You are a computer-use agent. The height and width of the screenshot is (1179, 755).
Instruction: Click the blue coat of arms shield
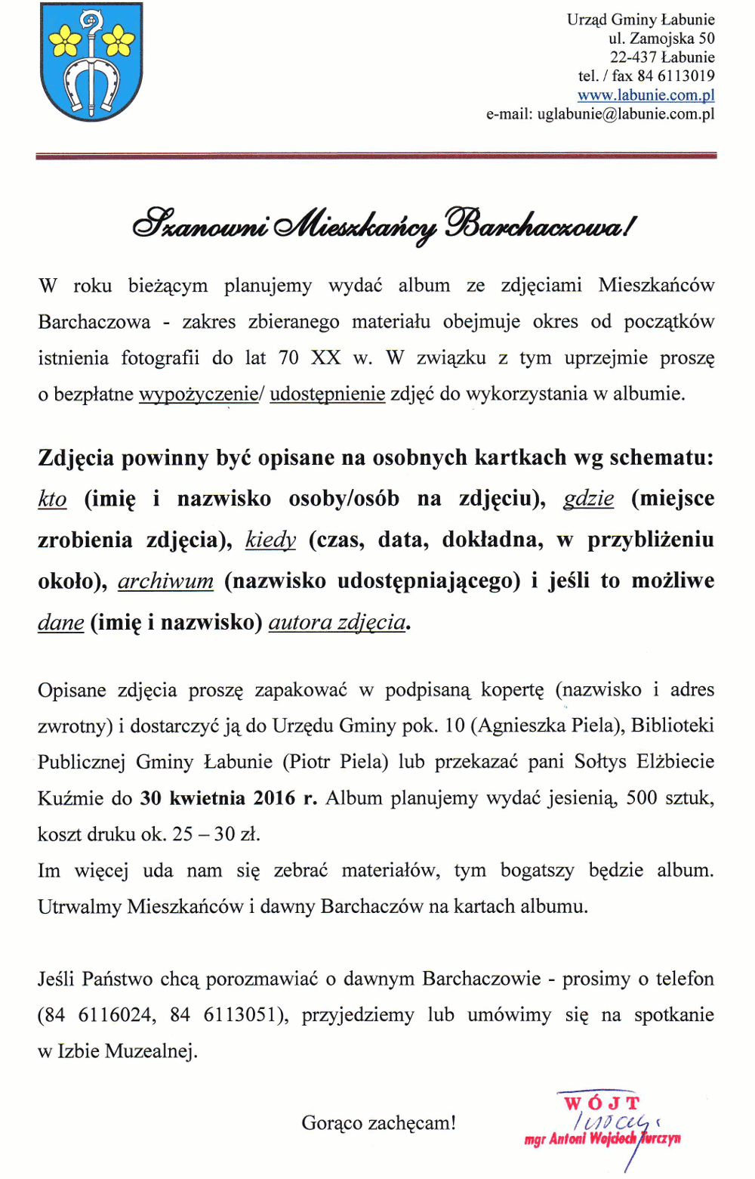91,61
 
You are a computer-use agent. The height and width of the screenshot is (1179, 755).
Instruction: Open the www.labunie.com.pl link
646,95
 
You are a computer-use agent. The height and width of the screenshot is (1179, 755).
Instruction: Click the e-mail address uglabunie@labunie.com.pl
626,114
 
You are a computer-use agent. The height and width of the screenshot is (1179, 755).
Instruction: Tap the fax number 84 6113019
676,76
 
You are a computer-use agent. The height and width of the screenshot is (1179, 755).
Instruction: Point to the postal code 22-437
633,57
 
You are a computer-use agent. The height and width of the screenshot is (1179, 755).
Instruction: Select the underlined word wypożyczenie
198,394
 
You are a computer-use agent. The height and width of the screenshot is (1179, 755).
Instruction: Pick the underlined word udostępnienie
328,394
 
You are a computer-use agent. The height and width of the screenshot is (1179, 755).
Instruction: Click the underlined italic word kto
52,499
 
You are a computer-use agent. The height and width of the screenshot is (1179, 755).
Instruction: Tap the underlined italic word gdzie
588,499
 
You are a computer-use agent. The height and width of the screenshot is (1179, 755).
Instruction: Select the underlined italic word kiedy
270,540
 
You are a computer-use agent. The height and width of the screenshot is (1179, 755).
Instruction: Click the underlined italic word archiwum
166,581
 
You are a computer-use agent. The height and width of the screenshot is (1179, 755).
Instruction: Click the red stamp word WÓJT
601,1103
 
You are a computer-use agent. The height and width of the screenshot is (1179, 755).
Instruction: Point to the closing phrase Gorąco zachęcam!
378,1123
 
